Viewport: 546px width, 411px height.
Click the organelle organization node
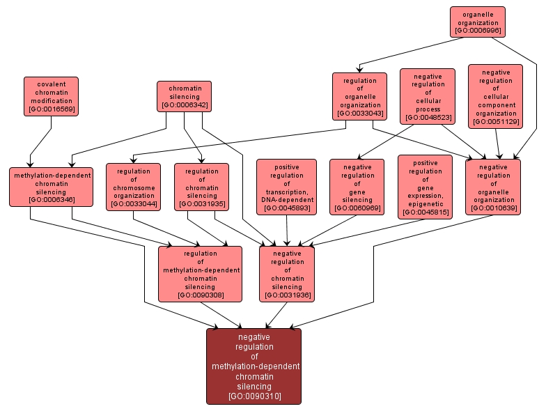[477, 22]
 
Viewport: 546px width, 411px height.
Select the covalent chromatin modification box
[51, 95]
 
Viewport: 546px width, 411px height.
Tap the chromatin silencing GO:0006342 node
[185, 96]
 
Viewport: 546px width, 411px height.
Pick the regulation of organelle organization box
[359, 96]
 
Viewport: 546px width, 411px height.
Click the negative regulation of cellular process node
[428, 95]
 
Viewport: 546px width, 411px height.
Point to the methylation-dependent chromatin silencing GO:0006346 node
[52, 187]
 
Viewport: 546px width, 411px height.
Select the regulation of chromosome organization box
[133, 187]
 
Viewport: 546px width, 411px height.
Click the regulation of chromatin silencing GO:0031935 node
[201, 187]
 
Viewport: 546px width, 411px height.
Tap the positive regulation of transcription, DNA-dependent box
[286, 187]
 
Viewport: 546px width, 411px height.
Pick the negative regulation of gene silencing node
[357, 187]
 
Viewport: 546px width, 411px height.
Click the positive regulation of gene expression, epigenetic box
[425, 187]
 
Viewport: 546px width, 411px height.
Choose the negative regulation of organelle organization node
[493, 187]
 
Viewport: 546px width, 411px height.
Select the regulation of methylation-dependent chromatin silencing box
[200, 274]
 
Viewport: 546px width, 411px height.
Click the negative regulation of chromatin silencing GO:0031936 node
[287, 274]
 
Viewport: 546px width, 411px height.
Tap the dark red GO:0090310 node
[253, 366]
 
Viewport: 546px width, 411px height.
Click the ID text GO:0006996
[477, 31]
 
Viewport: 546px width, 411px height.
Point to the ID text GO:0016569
[51, 109]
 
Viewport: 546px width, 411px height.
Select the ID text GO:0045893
[286, 208]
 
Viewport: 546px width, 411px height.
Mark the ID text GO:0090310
[254, 396]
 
